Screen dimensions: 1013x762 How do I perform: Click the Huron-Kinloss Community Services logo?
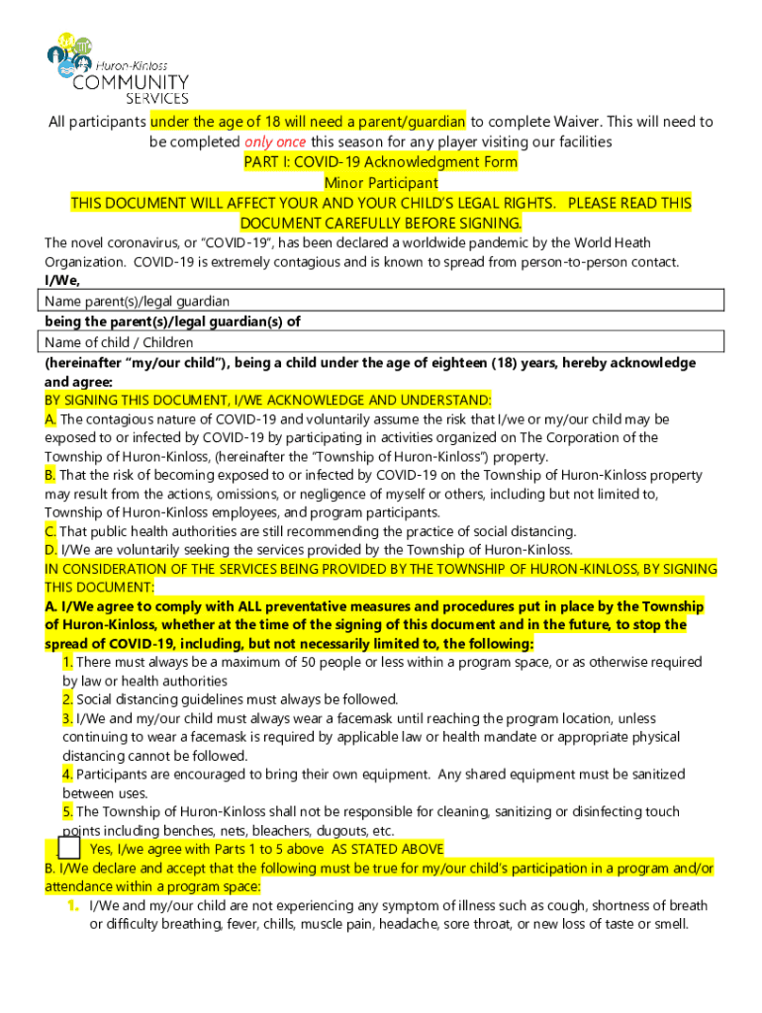click(118, 67)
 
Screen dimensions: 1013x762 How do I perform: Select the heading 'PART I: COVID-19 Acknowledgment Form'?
click(381, 161)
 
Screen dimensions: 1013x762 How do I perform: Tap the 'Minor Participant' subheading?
click(381, 183)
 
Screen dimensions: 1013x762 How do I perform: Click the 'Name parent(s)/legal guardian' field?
click(382, 301)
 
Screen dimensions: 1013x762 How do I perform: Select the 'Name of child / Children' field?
click(382, 342)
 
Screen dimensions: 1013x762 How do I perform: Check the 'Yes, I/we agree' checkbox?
click(68, 849)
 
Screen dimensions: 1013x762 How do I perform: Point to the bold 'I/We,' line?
click(62, 281)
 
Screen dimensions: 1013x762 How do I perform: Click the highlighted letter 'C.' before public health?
click(50, 531)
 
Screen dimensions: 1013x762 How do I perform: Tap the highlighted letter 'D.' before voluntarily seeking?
click(50, 550)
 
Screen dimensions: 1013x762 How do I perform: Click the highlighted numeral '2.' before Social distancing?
click(67, 699)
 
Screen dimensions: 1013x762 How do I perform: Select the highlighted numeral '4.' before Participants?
click(67, 775)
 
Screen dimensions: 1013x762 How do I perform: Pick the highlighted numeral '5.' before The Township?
click(67, 811)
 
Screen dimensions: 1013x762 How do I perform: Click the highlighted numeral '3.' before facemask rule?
click(67, 718)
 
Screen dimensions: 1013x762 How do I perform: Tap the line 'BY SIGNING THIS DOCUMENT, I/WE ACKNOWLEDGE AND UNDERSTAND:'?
click(267, 400)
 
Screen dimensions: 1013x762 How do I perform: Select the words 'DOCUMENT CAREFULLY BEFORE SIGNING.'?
click(381, 223)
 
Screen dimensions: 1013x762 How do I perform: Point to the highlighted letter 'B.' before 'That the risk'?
click(50, 475)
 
